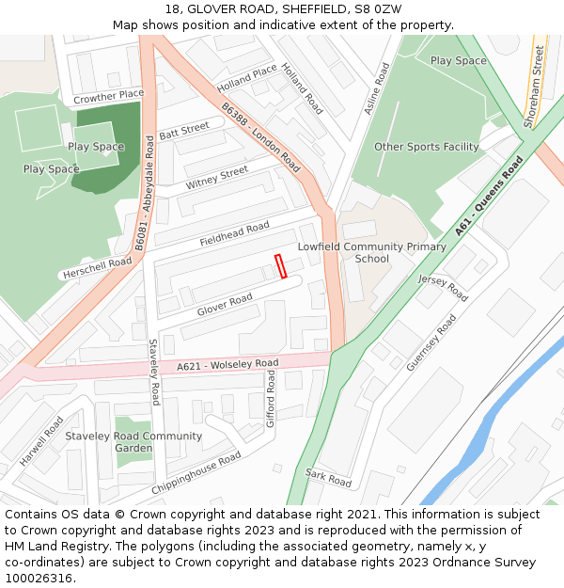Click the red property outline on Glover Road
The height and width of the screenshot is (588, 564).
click(280, 266)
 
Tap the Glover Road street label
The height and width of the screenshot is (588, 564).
click(225, 305)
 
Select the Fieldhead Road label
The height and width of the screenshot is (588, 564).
click(234, 234)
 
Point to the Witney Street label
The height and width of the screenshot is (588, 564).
click(217, 176)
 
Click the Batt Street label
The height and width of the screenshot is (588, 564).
click(184, 133)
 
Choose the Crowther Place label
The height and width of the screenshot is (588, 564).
click(108, 96)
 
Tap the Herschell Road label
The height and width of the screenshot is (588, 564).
click(97, 268)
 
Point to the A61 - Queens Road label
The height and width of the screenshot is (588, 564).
click(489, 196)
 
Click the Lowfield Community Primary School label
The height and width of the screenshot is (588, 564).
click(371, 252)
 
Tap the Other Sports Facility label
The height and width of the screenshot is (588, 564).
click(426, 147)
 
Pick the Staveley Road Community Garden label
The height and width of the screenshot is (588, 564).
click(133, 441)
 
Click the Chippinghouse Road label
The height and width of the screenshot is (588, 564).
click(196, 474)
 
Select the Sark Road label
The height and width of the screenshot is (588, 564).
click(328, 478)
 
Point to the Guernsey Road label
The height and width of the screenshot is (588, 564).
click(431, 342)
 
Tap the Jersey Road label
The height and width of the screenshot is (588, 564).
click(443, 288)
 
